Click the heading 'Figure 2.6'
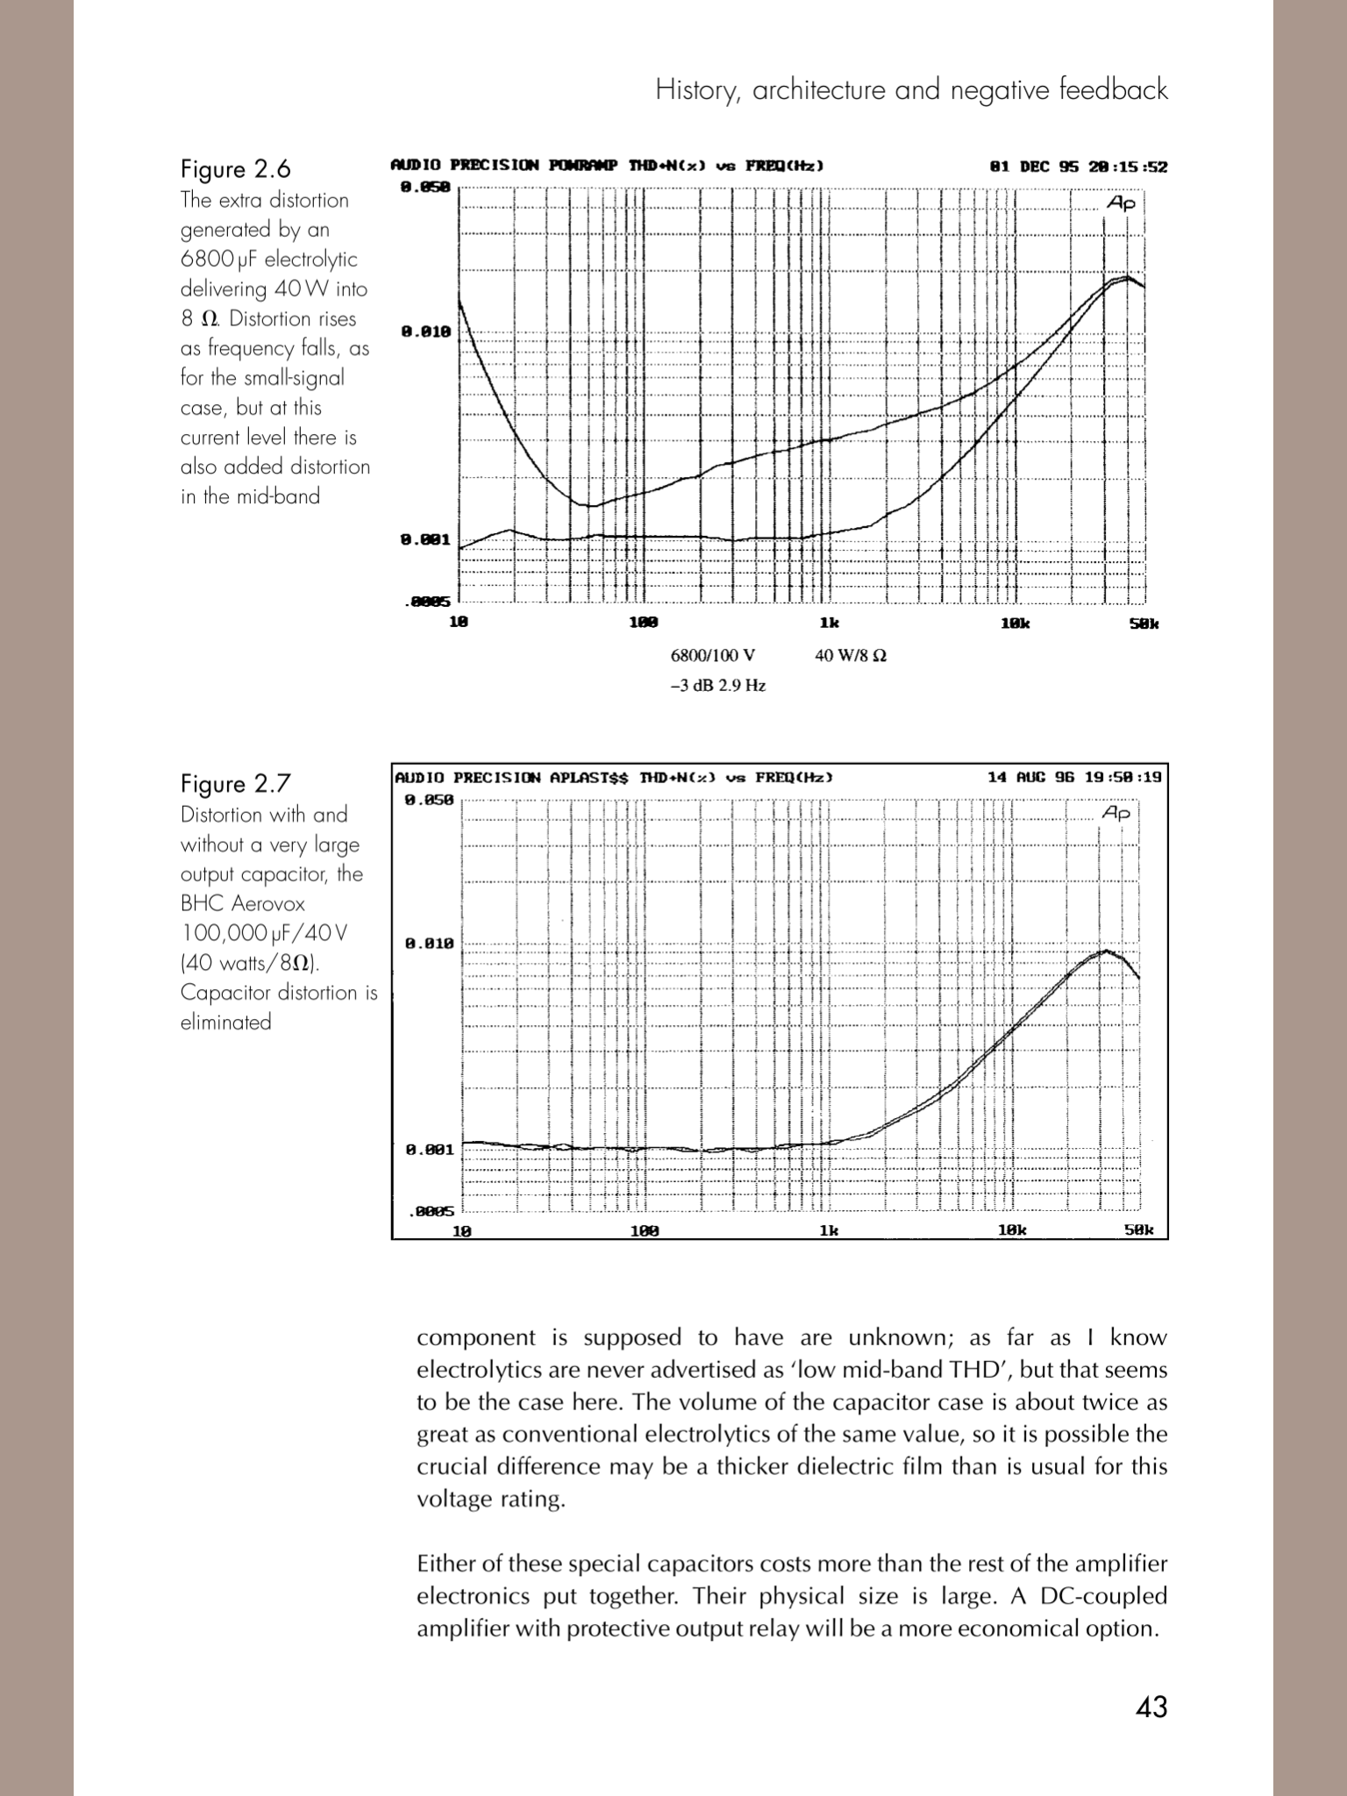(235, 168)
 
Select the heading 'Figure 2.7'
(235, 783)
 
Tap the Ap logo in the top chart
(1122, 203)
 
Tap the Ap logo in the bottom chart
(1117, 814)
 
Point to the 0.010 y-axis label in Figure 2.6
(425, 331)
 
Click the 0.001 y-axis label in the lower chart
(429, 1150)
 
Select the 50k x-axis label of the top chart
(1144, 624)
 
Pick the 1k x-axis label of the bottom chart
(829, 1230)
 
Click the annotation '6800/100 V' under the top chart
(712, 655)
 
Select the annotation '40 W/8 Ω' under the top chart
(850, 655)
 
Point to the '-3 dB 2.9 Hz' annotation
(718, 686)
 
